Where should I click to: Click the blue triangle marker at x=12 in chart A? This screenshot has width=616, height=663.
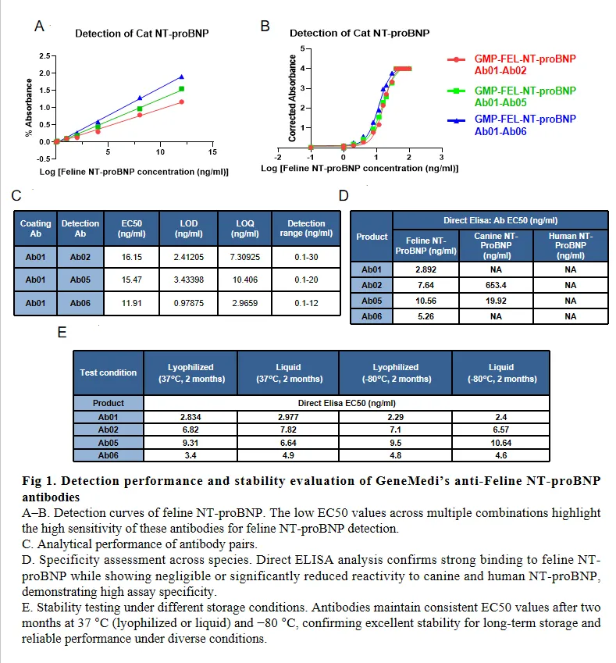point(181,77)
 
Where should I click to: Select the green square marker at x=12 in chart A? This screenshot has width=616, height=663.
point(181,89)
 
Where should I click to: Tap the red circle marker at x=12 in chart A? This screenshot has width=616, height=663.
point(181,102)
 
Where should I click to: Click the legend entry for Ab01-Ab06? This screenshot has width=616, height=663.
point(525,125)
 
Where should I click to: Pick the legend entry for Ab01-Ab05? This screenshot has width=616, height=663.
point(525,96)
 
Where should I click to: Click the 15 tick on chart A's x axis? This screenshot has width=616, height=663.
point(212,149)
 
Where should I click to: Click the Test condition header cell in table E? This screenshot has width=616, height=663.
point(108,372)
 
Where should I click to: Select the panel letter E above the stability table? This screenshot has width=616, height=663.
point(62,332)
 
